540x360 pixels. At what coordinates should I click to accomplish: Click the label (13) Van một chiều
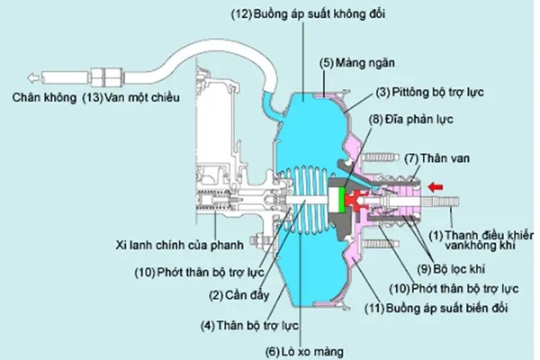(x=132, y=95)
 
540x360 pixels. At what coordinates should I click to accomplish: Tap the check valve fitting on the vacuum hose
(x=105, y=73)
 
